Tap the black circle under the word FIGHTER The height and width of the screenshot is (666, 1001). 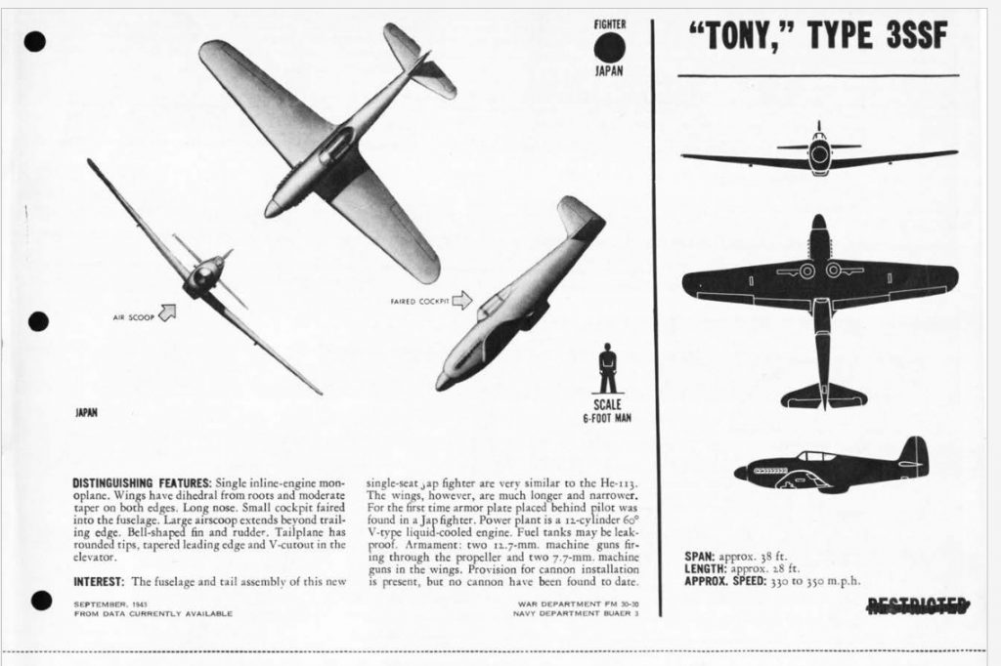(610, 47)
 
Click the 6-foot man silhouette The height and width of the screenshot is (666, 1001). (607, 368)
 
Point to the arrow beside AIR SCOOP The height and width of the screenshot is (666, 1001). (167, 312)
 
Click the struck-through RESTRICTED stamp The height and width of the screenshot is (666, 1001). (918, 605)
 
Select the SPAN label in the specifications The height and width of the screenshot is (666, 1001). (701, 556)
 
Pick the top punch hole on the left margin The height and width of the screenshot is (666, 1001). (35, 41)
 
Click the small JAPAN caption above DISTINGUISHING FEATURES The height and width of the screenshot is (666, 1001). (87, 412)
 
